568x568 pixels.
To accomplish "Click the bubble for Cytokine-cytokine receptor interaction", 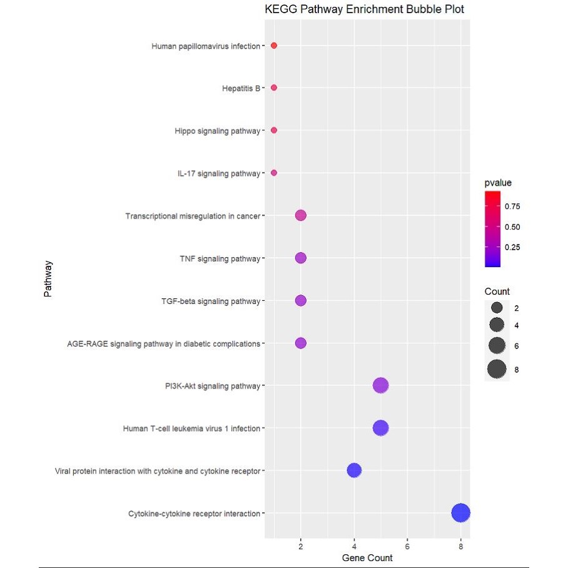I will [x=460, y=513].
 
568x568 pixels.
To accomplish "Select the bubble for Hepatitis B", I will [x=274, y=88].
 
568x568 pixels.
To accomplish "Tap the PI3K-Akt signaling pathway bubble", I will [x=381, y=385].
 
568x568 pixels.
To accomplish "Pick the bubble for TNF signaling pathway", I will [x=300, y=258].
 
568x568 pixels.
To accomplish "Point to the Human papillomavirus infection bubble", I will [x=274, y=46].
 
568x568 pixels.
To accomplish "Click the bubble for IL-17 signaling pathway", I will [x=274, y=173].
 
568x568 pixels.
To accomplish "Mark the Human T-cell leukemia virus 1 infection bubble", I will [x=380, y=428].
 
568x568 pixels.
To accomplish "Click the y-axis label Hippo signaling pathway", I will [x=217, y=131].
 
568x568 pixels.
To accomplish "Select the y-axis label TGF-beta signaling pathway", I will [x=210, y=301].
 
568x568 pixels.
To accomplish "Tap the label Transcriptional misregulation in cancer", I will [x=193, y=216].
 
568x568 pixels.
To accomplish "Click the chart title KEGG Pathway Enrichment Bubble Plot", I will [x=365, y=10].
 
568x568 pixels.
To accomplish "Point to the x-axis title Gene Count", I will [x=367, y=557].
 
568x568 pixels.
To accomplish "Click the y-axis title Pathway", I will [x=48, y=279].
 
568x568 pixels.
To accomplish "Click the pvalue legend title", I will [x=498, y=183].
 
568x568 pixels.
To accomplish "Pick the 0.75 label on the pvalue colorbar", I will [x=513, y=206].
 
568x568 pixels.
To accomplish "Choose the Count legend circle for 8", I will [x=497, y=370].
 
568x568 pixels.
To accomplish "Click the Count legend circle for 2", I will [x=497, y=308].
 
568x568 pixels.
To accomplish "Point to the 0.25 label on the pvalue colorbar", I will [x=513, y=247].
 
